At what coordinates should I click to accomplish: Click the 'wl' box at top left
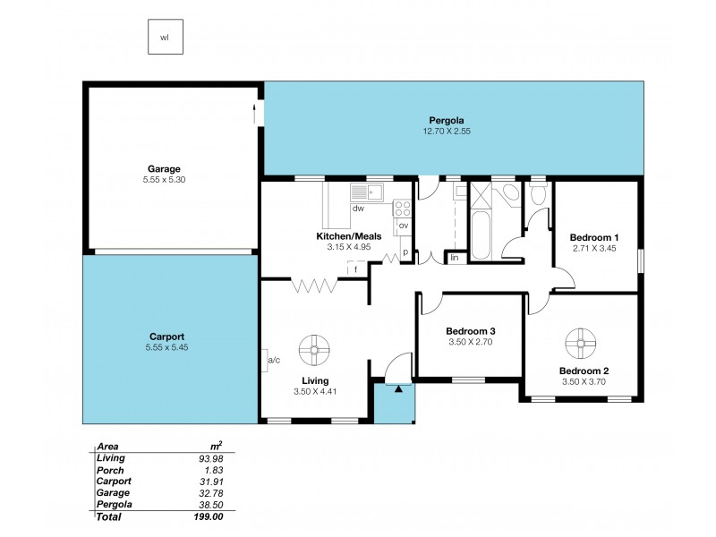coord(165,37)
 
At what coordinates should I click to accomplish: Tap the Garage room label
coord(164,168)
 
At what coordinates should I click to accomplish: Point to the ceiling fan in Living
coord(314,350)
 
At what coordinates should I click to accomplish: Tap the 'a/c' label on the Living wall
coord(275,360)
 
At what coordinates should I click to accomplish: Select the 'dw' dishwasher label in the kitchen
coord(357,209)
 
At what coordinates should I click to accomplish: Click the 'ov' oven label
coord(403,225)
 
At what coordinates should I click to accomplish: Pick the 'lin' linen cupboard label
coord(455,258)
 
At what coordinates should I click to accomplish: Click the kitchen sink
coord(366,191)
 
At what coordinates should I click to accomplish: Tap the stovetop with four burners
coord(403,209)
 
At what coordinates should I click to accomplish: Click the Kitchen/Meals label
coord(348,236)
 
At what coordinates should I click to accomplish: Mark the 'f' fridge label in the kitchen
coord(356,268)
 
